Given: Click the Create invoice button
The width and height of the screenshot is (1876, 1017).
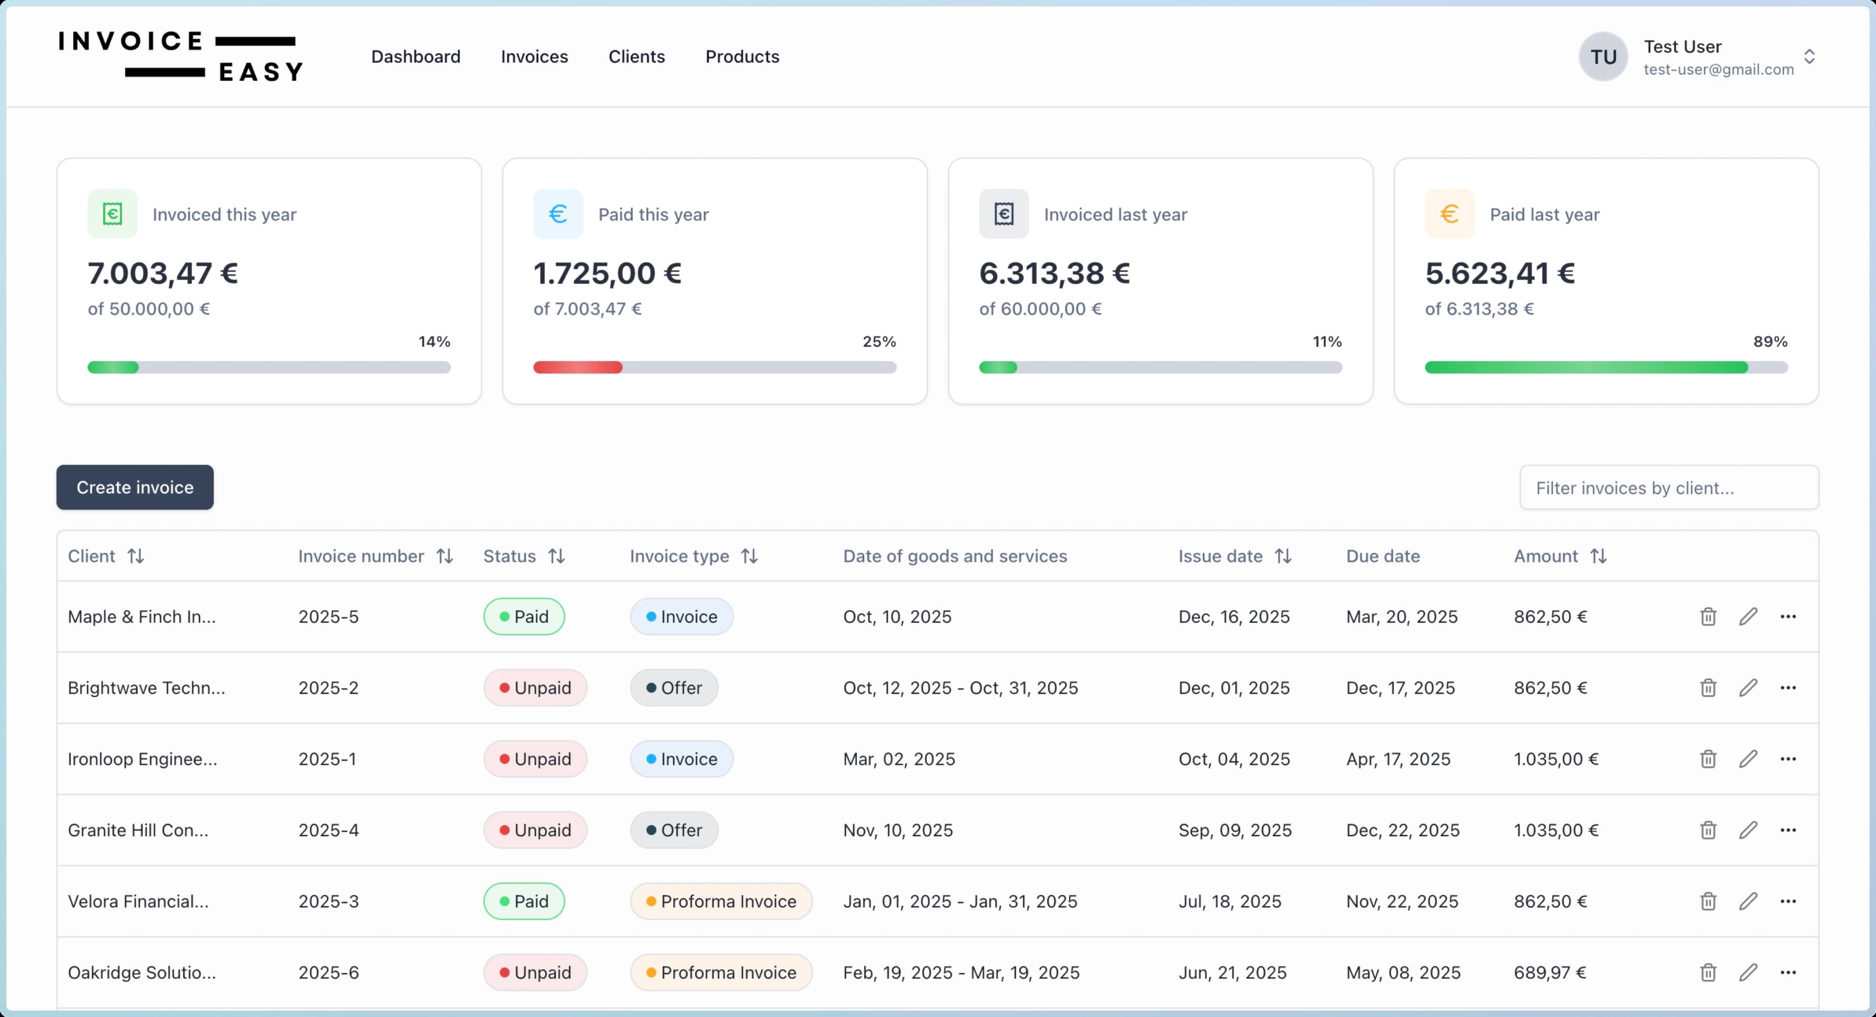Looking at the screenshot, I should [135, 487].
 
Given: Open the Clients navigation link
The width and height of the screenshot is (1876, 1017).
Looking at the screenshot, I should [637, 56].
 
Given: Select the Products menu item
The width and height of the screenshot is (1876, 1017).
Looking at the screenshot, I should [742, 56].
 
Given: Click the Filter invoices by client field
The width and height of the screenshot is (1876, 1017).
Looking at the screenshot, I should [1668, 488].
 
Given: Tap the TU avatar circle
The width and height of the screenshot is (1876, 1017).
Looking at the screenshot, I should [1603, 57].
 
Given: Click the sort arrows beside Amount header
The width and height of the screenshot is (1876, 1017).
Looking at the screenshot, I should [1599, 556].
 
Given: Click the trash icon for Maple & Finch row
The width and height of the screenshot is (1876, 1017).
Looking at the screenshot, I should [1708, 616].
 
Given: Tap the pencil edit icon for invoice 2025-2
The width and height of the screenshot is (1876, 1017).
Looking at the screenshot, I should [1748, 688].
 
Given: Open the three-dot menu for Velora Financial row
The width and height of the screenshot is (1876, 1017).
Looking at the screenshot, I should [1788, 901].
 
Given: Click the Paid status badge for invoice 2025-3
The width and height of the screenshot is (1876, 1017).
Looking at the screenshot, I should [524, 901].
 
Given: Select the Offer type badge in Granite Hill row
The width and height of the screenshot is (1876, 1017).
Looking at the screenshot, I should [674, 830].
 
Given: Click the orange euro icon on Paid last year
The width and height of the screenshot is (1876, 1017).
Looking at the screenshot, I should [1449, 214].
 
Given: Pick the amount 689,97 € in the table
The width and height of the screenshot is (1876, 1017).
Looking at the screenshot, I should [1550, 973].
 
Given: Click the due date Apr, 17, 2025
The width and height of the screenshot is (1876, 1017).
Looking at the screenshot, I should [1398, 759].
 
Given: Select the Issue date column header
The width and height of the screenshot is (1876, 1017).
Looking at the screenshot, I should [1220, 556].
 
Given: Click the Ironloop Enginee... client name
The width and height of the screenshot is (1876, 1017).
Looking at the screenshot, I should [143, 759].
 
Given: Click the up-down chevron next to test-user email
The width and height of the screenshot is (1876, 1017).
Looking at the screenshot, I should [1809, 57].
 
